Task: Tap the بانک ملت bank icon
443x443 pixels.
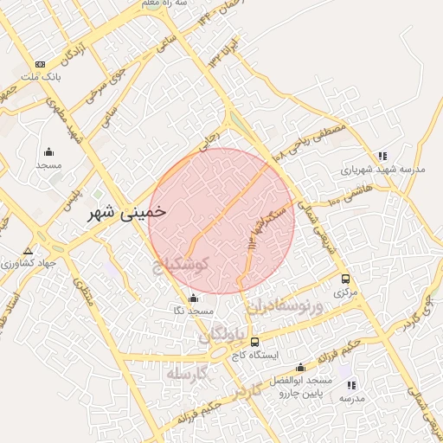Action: click(40, 65)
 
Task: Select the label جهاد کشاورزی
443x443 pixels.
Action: click(24, 261)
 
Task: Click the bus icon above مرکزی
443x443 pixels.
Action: click(346, 279)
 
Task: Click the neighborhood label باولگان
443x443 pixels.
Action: click(223, 334)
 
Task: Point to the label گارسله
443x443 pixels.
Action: click(189, 374)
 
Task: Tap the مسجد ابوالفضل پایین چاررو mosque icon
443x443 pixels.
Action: click(300, 367)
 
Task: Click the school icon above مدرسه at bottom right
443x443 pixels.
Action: click(351, 384)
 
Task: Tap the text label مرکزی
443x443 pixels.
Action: click(346, 293)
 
